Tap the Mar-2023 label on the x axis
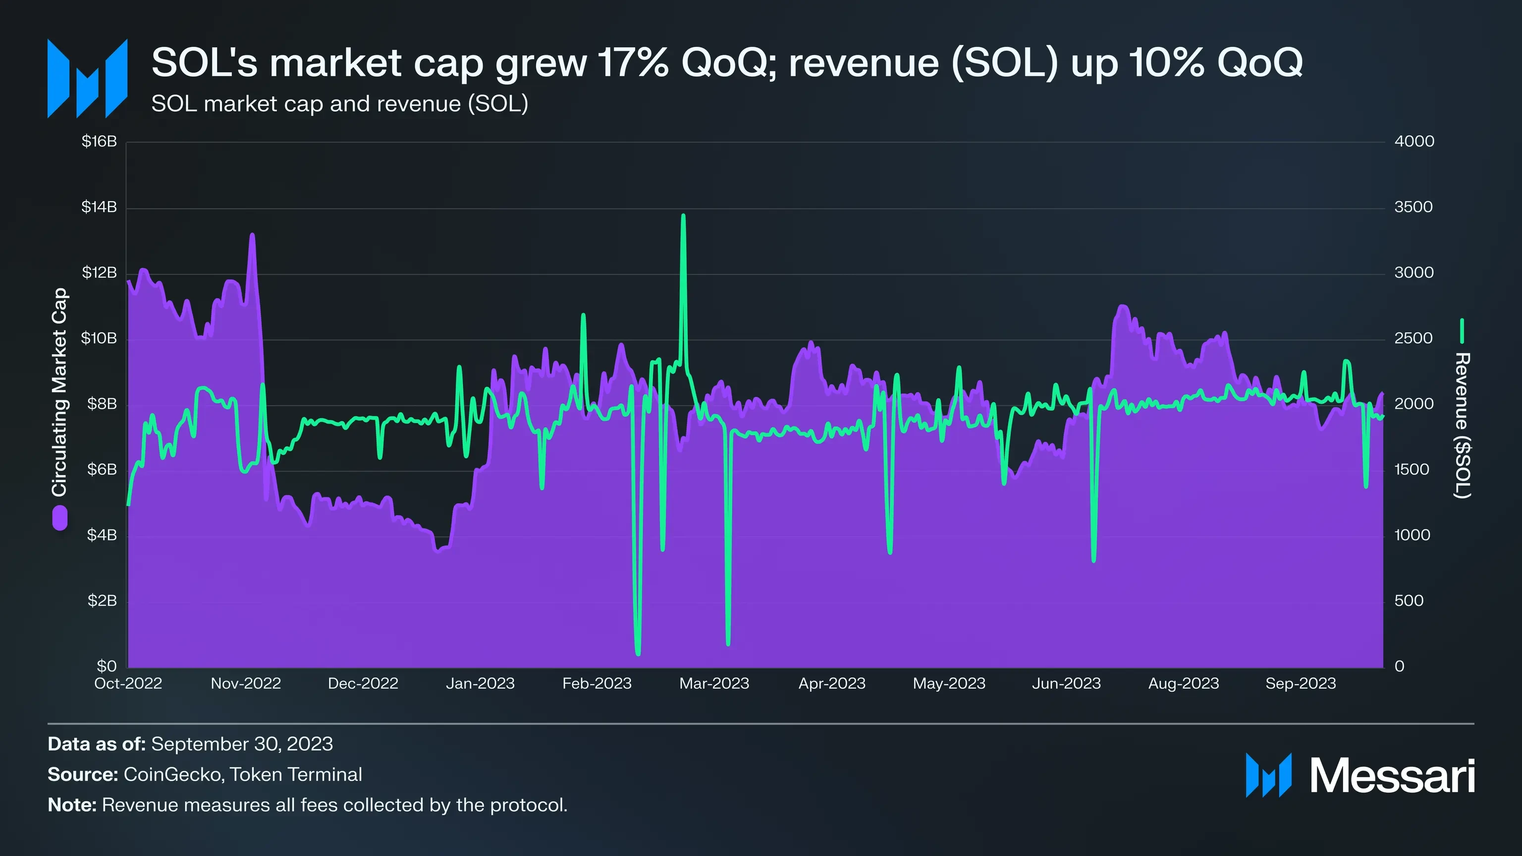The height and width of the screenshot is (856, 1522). pyautogui.click(x=714, y=684)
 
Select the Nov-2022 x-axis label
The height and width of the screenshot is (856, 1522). pyautogui.click(x=246, y=684)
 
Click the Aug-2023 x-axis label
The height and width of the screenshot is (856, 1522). pyautogui.click(x=1184, y=684)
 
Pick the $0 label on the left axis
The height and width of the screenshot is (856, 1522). pyautogui.click(x=107, y=666)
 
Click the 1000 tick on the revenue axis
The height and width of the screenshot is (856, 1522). pyautogui.click(x=1412, y=535)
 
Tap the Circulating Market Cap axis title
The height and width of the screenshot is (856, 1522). pyautogui.click(x=59, y=392)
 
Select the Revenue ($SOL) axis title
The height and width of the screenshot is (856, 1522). pyautogui.click(x=1463, y=426)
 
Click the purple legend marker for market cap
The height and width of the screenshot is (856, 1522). pyautogui.click(x=59, y=518)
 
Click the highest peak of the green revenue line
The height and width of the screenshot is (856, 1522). pyautogui.click(x=683, y=216)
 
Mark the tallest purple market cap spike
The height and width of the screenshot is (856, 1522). pyautogui.click(x=252, y=235)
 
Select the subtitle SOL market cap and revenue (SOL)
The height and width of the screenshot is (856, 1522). pyautogui.click(x=340, y=104)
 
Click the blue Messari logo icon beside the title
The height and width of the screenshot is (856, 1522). pyautogui.click(x=87, y=79)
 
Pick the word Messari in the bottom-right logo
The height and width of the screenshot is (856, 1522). pyautogui.click(x=1392, y=776)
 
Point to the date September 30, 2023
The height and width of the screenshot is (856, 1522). pyautogui.click(x=242, y=744)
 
